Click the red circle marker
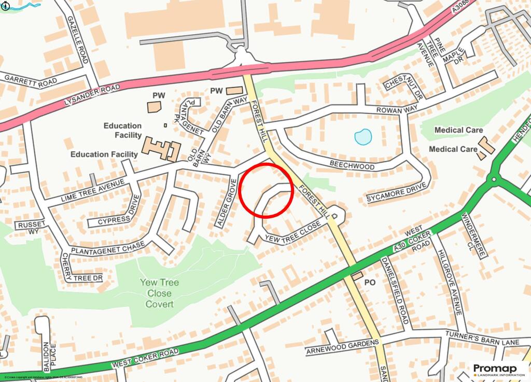coord(267,190)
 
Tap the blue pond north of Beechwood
coord(363,137)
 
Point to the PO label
coord(370,283)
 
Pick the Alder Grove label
coord(225,202)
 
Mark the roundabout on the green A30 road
coord(493,180)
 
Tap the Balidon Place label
coord(48,357)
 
